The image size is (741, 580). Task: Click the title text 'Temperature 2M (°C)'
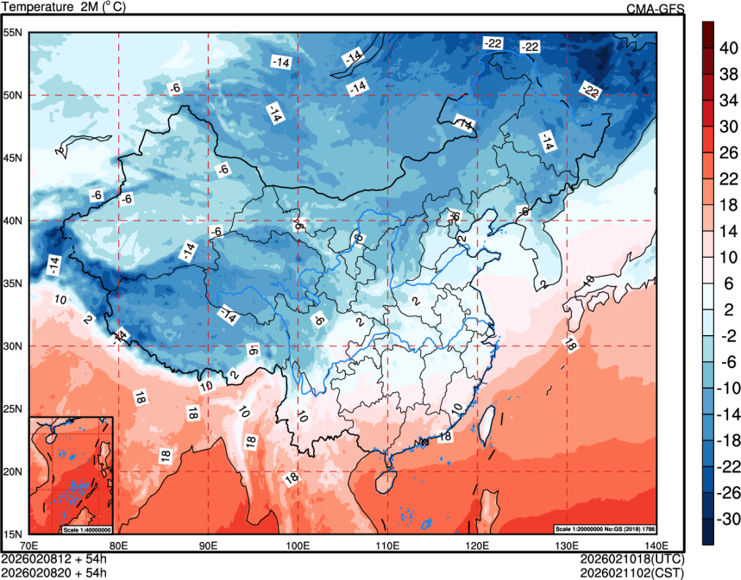(x=63, y=7)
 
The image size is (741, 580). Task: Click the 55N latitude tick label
(x=13, y=33)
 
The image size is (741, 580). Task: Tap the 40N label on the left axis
(x=13, y=221)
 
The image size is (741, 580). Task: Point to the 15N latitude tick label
(x=13, y=533)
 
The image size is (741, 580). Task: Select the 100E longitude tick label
(x=298, y=545)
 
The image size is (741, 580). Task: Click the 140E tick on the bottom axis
(x=656, y=545)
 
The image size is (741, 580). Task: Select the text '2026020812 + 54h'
(x=53, y=558)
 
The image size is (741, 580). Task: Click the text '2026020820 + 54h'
(x=53, y=571)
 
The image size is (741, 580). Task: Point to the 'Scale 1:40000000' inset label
(x=87, y=528)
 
